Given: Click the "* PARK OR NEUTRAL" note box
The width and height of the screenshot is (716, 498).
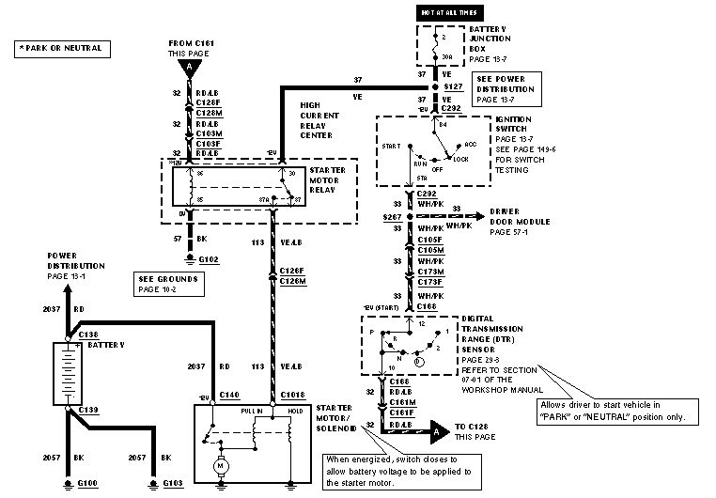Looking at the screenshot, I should pyautogui.click(x=59, y=47).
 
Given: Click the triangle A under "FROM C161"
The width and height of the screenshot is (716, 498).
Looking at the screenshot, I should pyautogui.click(x=191, y=68).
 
